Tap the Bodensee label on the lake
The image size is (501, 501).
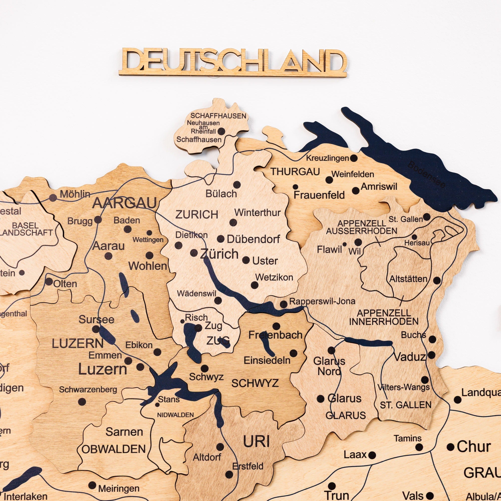pyautogui.click(x=426, y=174)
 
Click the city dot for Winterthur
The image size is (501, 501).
pyautogui.click(x=233, y=222)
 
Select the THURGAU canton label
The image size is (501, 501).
pyautogui.click(x=295, y=172)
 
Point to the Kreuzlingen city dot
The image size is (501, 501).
pyautogui.click(x=354, y=158)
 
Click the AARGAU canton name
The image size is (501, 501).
pyautogui.click(x=125, y=203)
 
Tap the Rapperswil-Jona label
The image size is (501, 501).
pyautogui.click(x=322, y=301)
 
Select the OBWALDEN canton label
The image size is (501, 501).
pyautogui.click(x=113, y=449)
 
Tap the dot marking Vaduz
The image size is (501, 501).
pyautogui.click(x=432, y=355)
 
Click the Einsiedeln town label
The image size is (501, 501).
pyautogui.click(x=267, y=360)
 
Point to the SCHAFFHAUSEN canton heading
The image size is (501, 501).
pyautogui.click(x=218, y=116)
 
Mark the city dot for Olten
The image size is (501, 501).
pyautogui.click(x=49, y=282)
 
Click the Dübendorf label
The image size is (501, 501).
pyautogui.click(x=253, y=239)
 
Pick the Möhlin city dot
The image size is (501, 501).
pyautogui.click(x=53, y=198)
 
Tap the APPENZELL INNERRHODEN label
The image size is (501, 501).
pyautogui.click(x=384, y=317)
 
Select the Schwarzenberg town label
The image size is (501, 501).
pyautogui.click(x=88, y=390)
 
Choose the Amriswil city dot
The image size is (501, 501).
pyautogui.click(x=356, y=191)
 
